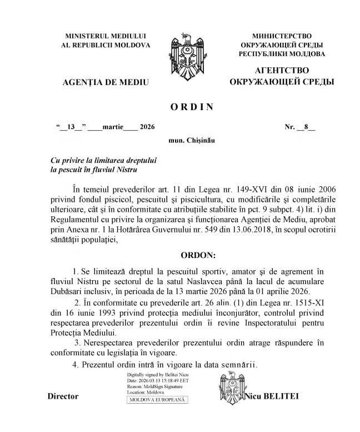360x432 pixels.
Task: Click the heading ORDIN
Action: click(x=189, y=107)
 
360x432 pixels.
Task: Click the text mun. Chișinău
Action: click(x=191, y=141)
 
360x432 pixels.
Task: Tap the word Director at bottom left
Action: click(x=63, y=396)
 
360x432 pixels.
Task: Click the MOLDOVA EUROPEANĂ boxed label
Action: click(x=157, y=400)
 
